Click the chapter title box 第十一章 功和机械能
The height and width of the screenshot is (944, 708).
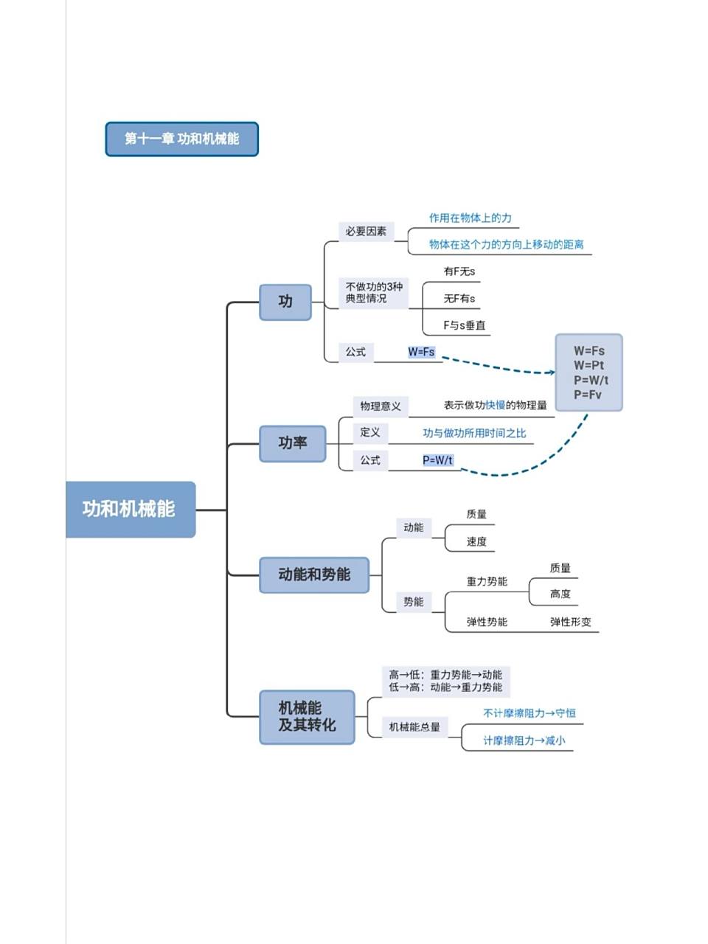click(x=181, y=139)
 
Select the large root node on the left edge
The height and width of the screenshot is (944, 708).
click(x=130, y=510)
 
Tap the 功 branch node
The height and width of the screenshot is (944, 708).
click(x=285, y=302)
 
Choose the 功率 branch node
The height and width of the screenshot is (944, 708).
click(x=292, y=443)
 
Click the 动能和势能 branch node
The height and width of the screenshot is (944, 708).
click(x=313, y=575)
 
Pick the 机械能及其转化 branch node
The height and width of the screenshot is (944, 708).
click(x=307, y=717)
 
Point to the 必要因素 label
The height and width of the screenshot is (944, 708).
click(x=366, y=232)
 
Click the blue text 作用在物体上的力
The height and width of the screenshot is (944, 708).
click(x=470, y=218)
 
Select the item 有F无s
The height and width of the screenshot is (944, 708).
click(x=459, y=271)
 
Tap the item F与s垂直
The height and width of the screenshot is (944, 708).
click(x=464, y=325)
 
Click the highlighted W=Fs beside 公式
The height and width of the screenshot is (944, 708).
click(x=421, y=353)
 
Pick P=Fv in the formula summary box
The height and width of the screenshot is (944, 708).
click(x=588, y=395)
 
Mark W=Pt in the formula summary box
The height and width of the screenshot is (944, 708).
click(x=589, y=365)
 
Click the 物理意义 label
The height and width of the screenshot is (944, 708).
click(x=381, y=406)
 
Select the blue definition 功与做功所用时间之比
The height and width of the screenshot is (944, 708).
click(x=474, y=434)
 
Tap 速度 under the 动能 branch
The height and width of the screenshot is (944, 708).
click(x=476, y=541)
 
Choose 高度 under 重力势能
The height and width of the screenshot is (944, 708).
click(x=560, y=594)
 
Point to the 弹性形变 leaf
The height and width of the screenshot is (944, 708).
click(x=570, y=622)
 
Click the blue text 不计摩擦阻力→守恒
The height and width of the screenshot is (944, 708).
click(x=529, y=713)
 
